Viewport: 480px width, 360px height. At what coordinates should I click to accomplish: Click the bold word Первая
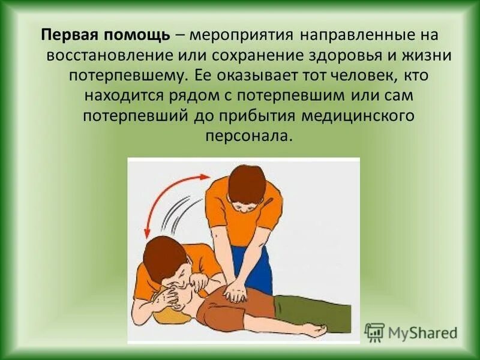[x=66, y=35]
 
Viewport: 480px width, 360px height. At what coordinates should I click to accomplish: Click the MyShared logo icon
[x=374, y=333]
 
